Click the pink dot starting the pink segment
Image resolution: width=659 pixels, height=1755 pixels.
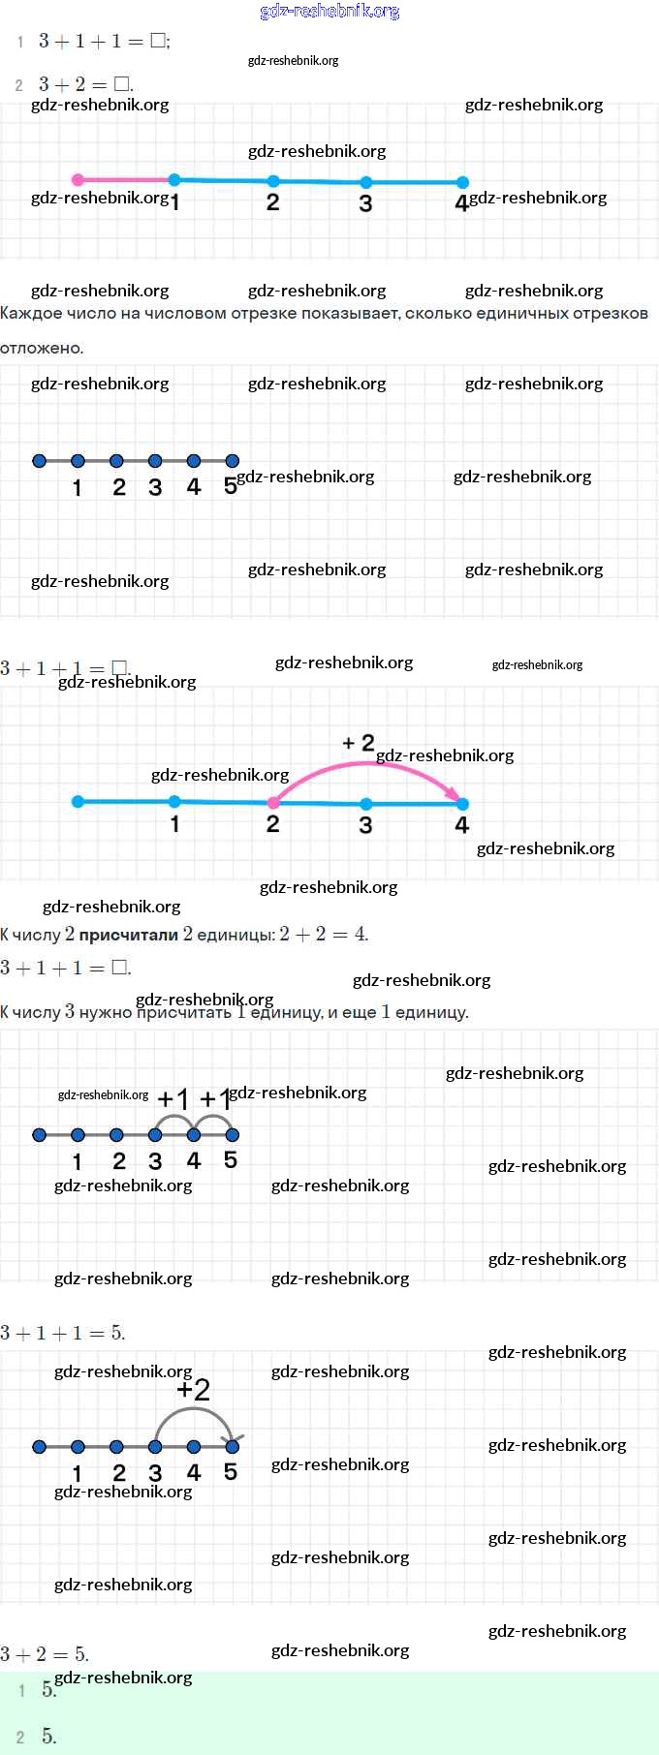pyautogui.click(x=78, y=179)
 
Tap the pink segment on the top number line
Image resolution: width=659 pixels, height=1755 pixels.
pyautogui.click(x=126, y=179)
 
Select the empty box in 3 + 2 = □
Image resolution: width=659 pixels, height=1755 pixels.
pyautogui.click(x=122, y=84)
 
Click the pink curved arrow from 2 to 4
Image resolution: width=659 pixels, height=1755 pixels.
pyautogui.click(x=368, y=765)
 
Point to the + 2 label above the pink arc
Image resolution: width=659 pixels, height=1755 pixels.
pyautogui.click(x=358, y=743)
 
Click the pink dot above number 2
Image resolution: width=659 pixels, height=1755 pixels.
pyautogui.click(x=273, y=803)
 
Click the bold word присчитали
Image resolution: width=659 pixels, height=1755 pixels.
pyautogui.click(x=128, y=935)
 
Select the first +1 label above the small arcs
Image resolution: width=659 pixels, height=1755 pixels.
pyautogui.click(x=173, y=1099)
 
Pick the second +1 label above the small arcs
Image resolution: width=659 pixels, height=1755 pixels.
pyautogui.click(x=215, y=1099)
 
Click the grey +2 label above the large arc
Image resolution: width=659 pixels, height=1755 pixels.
pyautogui.click(x=194, y=1391)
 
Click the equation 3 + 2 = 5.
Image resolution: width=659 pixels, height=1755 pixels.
pyautogui.click(x=45, y=1653)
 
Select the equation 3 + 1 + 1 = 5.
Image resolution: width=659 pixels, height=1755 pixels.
pyautogui.click(x=63, y=1333)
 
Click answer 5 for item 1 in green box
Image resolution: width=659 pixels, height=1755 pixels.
pyautogui.click(x=48, y=1689)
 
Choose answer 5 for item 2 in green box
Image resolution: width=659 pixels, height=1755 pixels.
pyautogui.click(x=48, y=1737)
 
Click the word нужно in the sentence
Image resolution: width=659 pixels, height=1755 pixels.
pyautogui.click(x=105, y=1012)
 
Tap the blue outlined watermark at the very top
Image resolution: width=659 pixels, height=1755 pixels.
pyautogui.click(x=329, y=12)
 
